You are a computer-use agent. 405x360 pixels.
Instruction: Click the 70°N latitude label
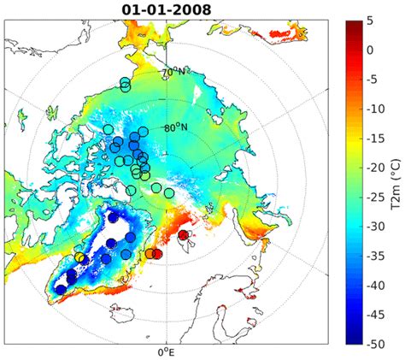[x=174, y=74]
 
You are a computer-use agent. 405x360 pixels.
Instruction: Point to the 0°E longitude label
[x=166, y=351]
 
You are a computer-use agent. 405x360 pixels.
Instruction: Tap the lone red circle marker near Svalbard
[x=183, y=235]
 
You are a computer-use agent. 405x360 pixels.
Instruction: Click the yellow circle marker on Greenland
[x=79, y=257]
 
